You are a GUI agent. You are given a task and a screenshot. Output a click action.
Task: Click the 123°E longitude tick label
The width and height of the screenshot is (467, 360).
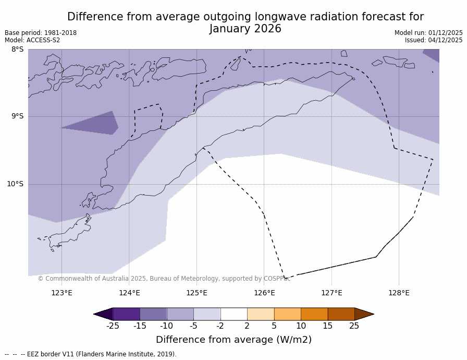coord(62,293)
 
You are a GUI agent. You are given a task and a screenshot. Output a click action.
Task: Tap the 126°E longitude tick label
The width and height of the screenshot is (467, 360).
coord(264,293)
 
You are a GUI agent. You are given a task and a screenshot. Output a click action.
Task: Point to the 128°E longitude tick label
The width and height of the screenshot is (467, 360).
coord(399,293)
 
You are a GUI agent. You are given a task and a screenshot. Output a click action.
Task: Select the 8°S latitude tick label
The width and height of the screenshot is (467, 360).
coord(17,50)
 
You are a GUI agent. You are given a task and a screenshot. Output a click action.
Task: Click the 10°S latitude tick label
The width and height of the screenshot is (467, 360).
coord(15,184)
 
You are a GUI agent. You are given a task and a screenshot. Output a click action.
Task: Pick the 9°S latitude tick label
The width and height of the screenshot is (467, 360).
coord(17,116)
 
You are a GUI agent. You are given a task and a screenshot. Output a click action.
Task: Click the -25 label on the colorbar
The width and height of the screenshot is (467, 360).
coord(113,326)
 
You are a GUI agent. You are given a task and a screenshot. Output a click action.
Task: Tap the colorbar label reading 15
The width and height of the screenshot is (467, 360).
coord(327,326)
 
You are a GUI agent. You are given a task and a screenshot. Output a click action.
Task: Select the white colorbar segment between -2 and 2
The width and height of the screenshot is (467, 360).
coord(233,314)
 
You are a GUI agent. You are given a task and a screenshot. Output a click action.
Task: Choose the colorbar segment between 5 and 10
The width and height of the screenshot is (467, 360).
coord(287,314)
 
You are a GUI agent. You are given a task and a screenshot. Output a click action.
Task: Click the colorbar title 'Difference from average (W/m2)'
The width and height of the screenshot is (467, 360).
coord(233,340)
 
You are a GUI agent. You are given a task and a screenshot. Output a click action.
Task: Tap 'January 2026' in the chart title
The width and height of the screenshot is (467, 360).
coord(245,29)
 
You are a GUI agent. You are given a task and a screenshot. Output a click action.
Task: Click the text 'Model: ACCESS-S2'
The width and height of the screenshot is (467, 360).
coord(32,40)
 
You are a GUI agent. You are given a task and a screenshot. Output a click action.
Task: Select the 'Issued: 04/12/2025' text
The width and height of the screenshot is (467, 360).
coord(434,40)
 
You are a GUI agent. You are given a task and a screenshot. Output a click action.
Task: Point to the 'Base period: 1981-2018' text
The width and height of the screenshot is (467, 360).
coord(41,33)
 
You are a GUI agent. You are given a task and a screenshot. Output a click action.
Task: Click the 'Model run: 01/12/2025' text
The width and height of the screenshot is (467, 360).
coord(428,33)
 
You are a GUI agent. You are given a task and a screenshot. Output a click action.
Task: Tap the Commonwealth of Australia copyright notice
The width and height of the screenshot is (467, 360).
coord(164,279)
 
